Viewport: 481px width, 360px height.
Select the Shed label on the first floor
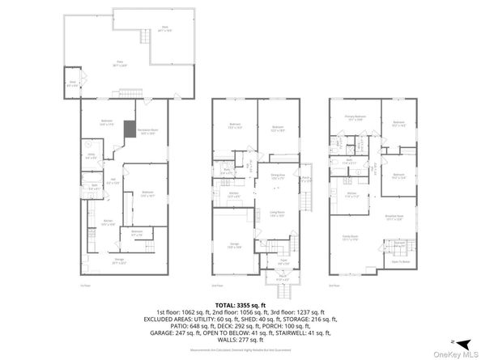[x=72, y=83]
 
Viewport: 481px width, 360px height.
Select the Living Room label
[x=276, y=214]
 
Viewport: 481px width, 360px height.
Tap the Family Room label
[x=351, y=238]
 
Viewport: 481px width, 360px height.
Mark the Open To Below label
[x=398, y=261]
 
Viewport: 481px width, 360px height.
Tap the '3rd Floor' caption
[x=334, y=286]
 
